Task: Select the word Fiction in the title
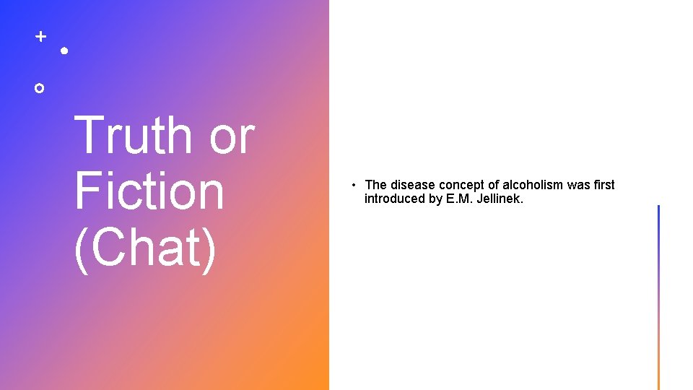149,191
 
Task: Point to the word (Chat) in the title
145,248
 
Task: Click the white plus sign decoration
41,35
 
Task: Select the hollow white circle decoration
40,88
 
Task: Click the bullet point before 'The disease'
356,186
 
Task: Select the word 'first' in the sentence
603,185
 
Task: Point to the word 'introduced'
395,199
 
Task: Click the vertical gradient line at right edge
658,297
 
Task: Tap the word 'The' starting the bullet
376,185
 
